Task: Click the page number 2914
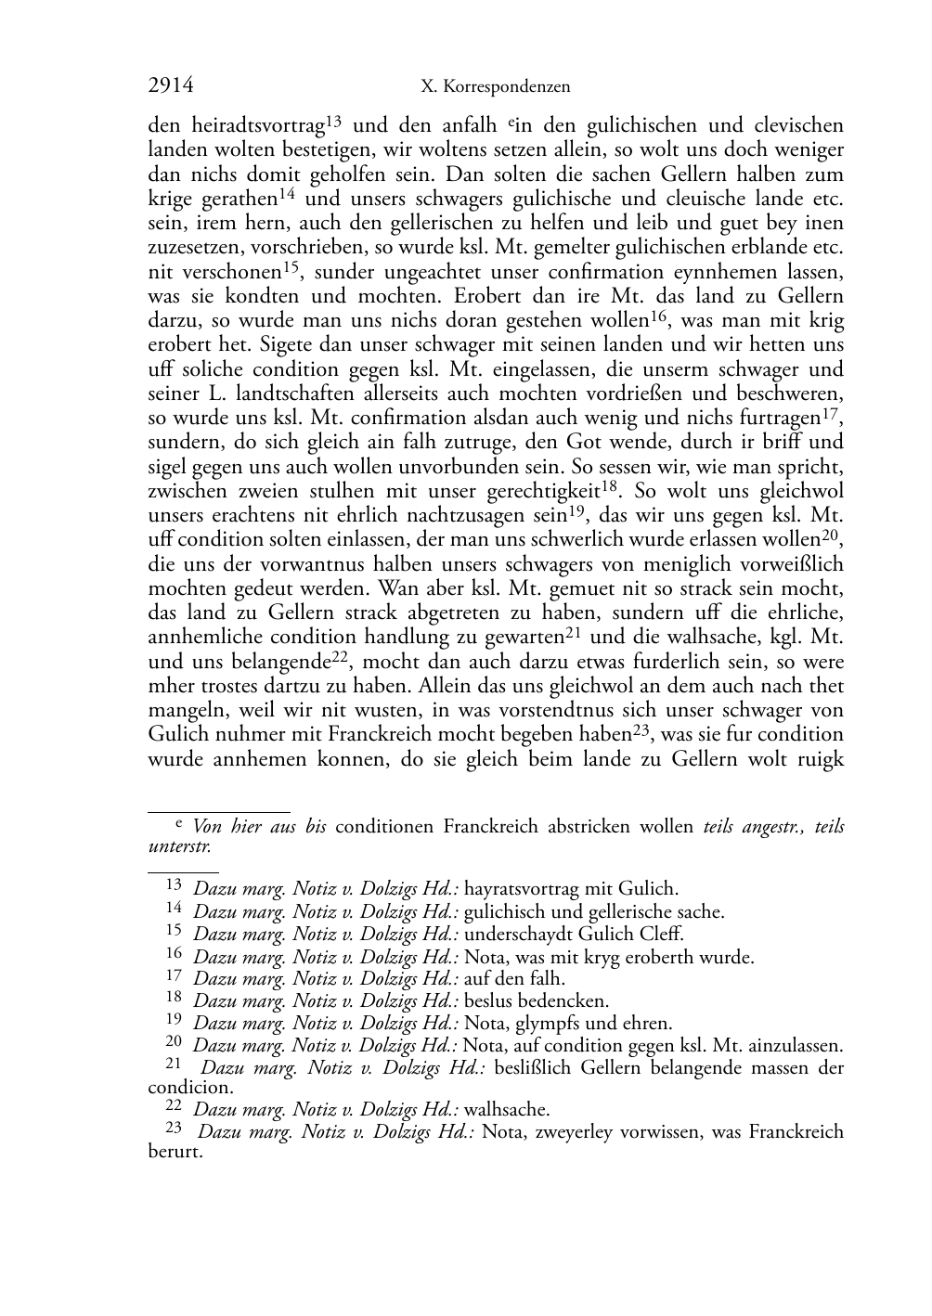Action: click(x=171, y=86)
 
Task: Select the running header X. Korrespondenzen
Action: click(x=495, y=87)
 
